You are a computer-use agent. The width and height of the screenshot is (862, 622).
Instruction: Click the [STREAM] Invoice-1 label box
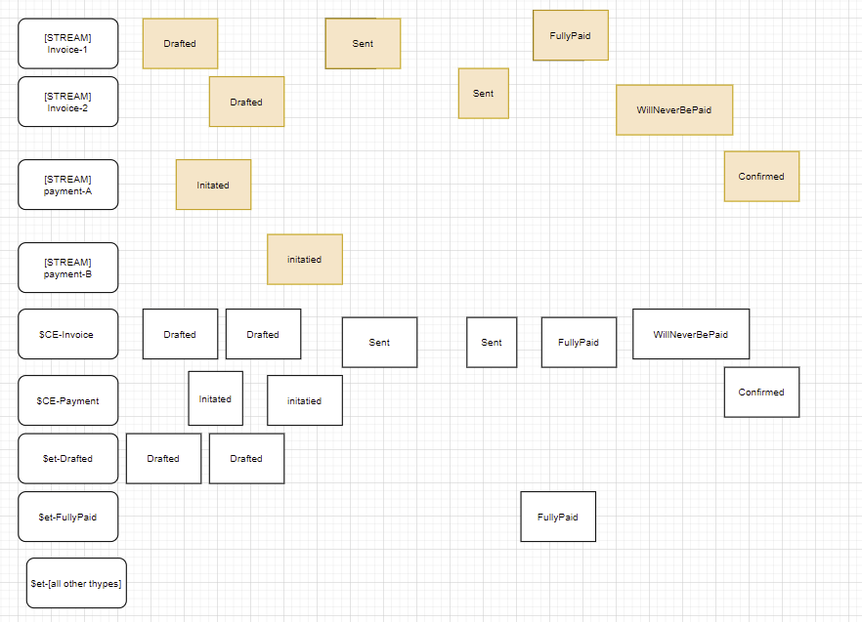[67, 43]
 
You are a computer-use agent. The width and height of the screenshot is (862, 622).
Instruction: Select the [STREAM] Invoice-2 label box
[67, 102]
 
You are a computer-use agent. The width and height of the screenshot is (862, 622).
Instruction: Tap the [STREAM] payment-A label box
[67, 185]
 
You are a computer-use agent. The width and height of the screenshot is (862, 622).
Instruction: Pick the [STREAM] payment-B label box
[67, 268]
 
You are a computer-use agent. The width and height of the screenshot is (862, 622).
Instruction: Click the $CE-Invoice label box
[67, 334]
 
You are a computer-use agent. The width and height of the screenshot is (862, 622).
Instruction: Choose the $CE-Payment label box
[67, 400]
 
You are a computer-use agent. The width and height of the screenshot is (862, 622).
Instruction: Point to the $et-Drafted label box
[67, 458]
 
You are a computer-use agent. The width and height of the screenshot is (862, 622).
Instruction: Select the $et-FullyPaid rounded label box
[67, 517]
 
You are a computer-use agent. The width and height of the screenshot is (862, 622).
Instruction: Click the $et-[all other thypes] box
[76, 583]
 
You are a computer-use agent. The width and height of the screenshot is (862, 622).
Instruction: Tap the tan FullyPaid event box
[570, 35]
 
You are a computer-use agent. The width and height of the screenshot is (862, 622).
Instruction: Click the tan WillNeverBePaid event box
[674, 109]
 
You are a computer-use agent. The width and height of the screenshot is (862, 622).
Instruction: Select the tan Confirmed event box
[761, 177]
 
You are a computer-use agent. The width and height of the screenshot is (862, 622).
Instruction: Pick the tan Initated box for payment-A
[213, 185]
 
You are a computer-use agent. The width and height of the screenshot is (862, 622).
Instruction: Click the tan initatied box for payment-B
[304, 259]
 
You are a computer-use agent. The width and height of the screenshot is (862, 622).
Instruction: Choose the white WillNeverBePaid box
[691, 334]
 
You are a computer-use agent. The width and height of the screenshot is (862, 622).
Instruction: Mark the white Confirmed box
[761, 392]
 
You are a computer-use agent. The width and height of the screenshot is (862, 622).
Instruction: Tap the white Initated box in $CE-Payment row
[215, 398]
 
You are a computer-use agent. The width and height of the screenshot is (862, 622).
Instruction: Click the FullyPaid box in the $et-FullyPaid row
[557, 517]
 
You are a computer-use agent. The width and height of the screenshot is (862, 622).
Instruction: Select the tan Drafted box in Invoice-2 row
[246, 102]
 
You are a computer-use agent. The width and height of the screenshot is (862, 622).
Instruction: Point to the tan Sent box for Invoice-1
[363, 43]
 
